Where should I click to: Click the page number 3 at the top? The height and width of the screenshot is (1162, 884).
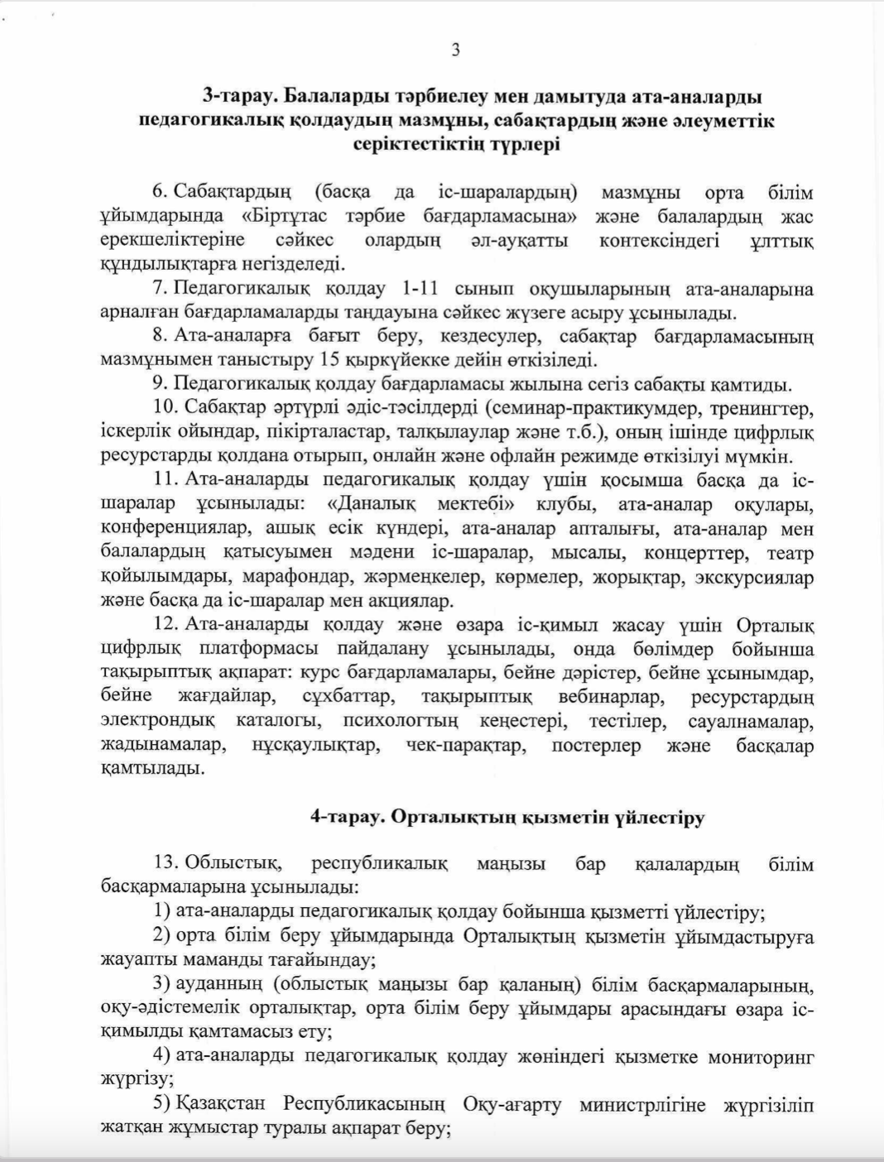[456, 50]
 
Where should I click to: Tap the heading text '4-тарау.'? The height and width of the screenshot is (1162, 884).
[347, 818]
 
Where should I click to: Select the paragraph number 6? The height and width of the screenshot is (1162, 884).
[159, 193]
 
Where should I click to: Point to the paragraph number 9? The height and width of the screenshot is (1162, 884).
[159, 385]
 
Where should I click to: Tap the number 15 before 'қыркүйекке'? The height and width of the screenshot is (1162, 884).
[329, 361]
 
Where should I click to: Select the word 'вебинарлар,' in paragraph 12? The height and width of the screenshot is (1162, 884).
[611, 697]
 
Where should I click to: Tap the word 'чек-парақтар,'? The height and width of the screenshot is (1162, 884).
[465, 746]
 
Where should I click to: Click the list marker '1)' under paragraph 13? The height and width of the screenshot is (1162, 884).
[162, 913]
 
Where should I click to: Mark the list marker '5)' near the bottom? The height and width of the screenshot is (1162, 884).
[162, 1105]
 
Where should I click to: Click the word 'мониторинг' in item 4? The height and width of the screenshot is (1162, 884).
[765, 1057]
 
